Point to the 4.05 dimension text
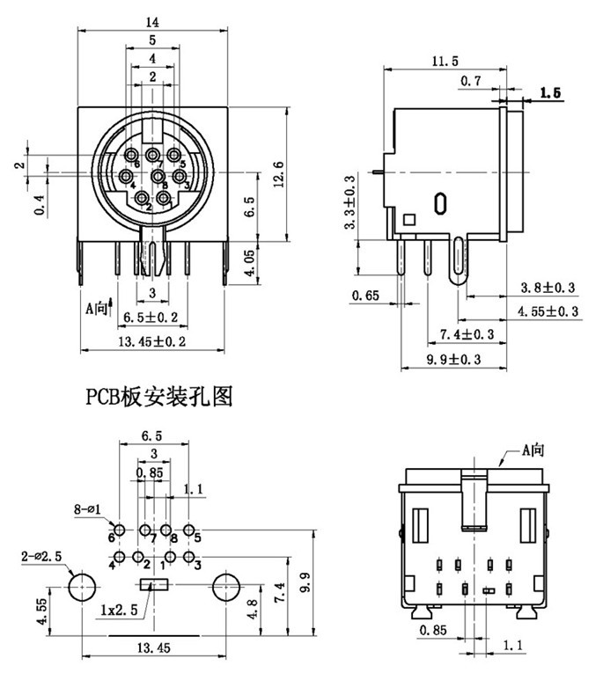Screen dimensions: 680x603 (249, 261)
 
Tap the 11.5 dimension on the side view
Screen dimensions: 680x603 (446, 61)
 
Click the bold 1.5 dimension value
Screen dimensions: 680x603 (550, 92)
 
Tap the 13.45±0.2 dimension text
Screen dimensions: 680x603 (152, 342)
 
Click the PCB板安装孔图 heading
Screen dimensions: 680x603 (158, 398)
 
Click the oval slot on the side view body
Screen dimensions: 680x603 (439, 203)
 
